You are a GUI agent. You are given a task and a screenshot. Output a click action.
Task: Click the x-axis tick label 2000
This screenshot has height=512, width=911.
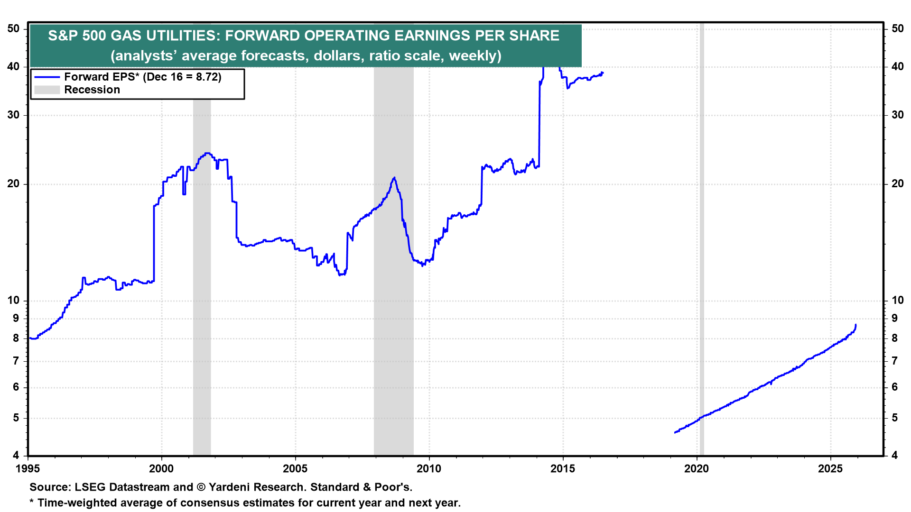click(x=161, y=469)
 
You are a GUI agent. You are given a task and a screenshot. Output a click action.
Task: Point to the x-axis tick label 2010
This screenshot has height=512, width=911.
click(x=429, y=469)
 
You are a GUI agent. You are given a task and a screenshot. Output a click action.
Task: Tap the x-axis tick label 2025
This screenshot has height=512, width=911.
click(x=830, y=469)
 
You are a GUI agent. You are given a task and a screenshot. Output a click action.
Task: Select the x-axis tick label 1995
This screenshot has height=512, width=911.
click(x=28, y=469)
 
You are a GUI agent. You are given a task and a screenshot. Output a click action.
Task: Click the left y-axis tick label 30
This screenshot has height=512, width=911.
click(x=14, y=115)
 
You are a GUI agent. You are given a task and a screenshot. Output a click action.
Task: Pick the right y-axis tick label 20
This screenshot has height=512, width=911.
click(x=897, y=184)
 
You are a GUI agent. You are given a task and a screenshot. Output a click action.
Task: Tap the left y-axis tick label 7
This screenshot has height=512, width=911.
click(x=16, y=361)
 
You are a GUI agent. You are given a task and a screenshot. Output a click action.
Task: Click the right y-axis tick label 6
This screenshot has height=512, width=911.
click(x=894, y=387)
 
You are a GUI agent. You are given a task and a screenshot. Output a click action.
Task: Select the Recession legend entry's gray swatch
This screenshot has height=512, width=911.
click(x=47, y=90)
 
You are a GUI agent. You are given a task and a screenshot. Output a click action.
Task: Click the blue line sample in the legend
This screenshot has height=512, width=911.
click(x=47, y=77)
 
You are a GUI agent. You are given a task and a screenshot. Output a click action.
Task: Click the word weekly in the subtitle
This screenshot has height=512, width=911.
click(x=473, y=56)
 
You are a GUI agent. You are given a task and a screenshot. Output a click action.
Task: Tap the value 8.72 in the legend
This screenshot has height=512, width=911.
click(x=206, y=77)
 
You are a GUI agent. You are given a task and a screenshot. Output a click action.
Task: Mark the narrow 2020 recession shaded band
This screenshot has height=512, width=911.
click(x=701, y=237)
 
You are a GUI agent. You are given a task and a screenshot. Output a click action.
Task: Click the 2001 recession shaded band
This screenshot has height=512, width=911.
click(x=202, y=284)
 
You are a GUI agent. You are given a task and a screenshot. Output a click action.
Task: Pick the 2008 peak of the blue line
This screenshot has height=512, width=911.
click(x=394, y=178)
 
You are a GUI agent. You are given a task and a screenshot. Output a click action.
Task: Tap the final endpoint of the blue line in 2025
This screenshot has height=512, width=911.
click(x=855, y=325)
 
